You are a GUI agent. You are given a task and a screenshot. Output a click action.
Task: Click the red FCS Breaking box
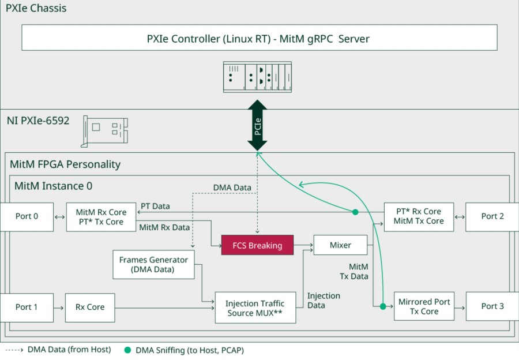pyautogui.click(x=257, y=245)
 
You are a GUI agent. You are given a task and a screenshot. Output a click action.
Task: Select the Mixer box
pyautogui.click(x=340, y=245)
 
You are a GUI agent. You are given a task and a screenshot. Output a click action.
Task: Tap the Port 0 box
pyautogui.click(x=27, y=216)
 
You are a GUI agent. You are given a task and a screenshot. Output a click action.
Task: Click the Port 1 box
pyautogui.click(x=27, y=307)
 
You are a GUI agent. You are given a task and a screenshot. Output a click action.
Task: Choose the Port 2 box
pyautogui.click(x=492, y=216)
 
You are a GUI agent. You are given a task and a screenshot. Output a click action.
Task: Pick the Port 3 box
pyautogui.click(x=492, y=306)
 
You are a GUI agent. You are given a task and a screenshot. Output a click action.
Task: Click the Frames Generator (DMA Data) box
pyautogui.click(x=153, y=264)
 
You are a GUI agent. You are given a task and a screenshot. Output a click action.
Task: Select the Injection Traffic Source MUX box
pyautogui.click(x=254, y=308)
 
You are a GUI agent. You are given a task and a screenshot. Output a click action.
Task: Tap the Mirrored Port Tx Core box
pyautogui.click(x=424, y=306)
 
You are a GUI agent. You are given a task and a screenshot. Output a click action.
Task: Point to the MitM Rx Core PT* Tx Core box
pyautogui.click(x=100, y=217)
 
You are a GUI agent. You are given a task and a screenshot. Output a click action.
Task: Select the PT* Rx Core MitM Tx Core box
pyautogui.click(x=418, y=216)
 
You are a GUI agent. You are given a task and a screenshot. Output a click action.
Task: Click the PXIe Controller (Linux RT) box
pyautogui.click(x=259, y=37)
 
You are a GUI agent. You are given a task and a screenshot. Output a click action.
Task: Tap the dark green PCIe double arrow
pyautogui.click(x=258, y=125)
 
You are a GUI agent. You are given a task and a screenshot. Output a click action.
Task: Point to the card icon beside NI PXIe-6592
pyautogui.click(x=105, y=131)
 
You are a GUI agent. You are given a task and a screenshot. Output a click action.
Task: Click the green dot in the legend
pyautogui.click(x=127, y=350)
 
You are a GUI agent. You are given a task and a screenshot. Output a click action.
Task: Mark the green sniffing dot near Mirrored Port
pyautogui.click(x=382, y=306)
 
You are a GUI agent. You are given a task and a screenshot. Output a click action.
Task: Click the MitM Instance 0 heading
pyautogui.click(x=53, y=186)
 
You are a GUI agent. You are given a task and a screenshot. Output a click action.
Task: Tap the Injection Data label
pyautogui.click(x=324, y=301)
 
